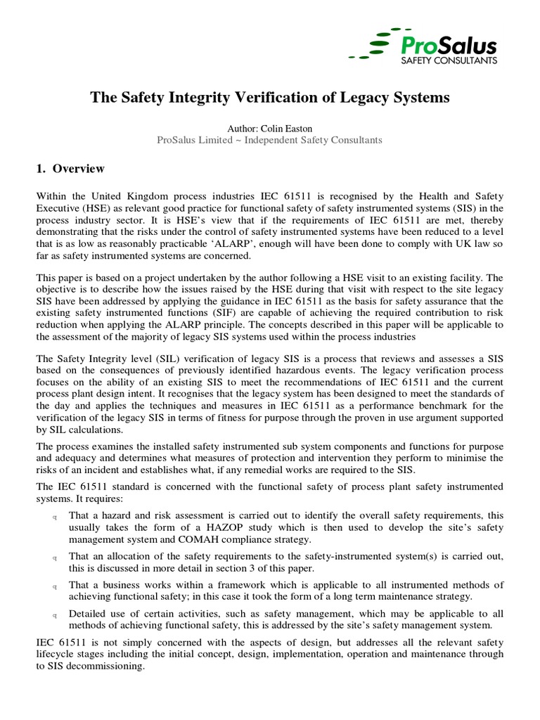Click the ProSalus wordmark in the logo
tap(448, 46)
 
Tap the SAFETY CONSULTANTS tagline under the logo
tap(448, 61)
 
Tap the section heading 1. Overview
tap(70, 169)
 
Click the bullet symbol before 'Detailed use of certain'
tap(55, 615)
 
